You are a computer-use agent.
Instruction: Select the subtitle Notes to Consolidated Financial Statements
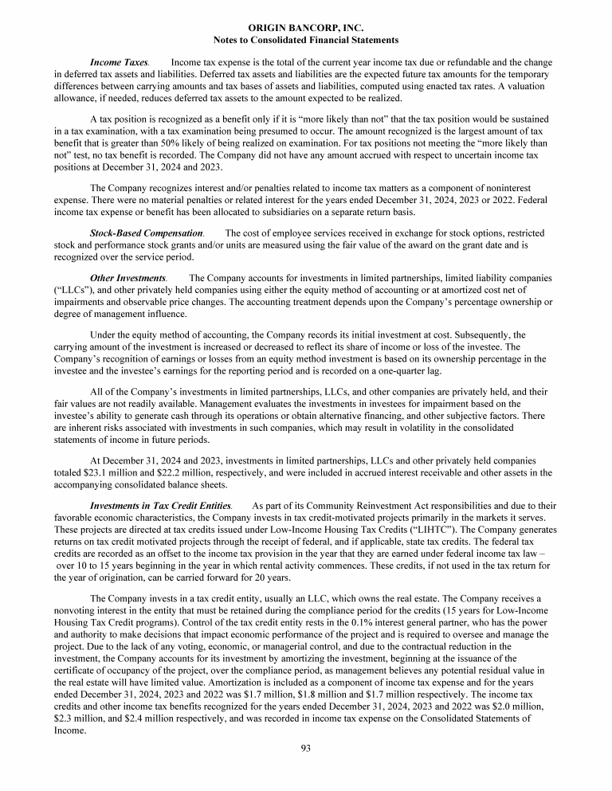(306, 39)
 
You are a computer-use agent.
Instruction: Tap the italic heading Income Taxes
(119, 61)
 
